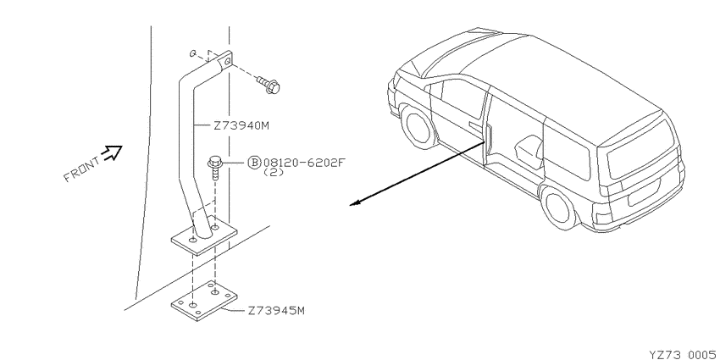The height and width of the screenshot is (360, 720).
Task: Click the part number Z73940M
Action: [241, 125]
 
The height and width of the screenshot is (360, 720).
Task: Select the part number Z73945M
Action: [276, 311]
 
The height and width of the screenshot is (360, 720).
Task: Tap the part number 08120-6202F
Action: [303, 163]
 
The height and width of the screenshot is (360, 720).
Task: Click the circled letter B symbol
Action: [254, 163]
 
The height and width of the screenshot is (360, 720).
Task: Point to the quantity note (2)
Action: [274, 173]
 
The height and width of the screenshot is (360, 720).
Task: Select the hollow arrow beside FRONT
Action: [113, 152]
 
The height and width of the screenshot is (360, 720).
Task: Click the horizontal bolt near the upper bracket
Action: [269, 85]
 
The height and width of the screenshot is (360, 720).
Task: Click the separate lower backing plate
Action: [204, 301]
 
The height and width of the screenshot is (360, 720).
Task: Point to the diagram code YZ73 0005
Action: [684, 354]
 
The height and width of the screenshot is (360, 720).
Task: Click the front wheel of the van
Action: [417, 126]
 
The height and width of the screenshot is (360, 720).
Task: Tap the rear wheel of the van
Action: [559, 206]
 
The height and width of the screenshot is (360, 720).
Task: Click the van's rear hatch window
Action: [643, 149]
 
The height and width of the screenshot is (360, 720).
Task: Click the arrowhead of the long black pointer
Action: [354, 203]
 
